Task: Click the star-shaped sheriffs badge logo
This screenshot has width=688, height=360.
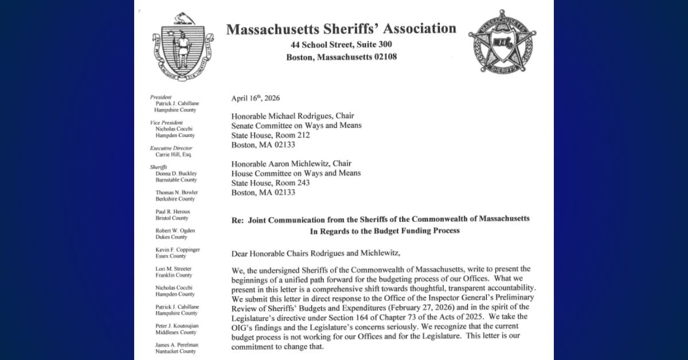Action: (502, 41)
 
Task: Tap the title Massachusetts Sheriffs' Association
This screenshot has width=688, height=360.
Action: (341, 29)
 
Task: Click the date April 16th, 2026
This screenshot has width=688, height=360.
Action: (256, 98)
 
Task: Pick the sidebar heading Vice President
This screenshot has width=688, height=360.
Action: (166, 123)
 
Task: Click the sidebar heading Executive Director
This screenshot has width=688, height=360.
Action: (171, 148)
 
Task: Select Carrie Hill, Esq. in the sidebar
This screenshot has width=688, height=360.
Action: (173, 155)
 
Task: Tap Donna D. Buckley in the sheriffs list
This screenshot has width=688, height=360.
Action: (176, 174)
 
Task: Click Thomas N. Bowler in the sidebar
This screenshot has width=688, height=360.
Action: (177, 193)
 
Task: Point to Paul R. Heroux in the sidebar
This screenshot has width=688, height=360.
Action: (173, 212)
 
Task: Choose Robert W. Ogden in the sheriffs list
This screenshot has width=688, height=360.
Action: (175, 230)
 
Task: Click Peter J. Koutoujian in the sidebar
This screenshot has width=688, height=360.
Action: (177, 326)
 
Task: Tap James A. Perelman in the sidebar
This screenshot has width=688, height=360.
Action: (177, 345)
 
